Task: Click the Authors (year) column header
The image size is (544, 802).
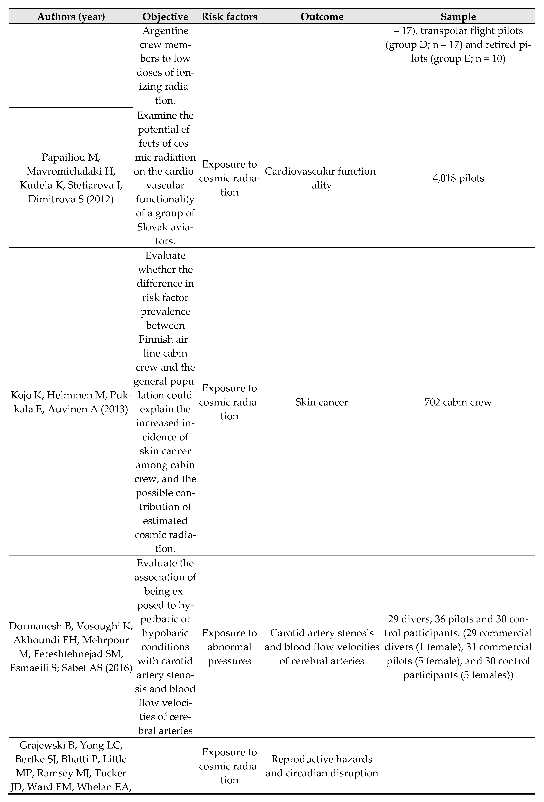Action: pyautogui.click(x=71, y=17)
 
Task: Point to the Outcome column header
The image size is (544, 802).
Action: pyautogui.click(x=322, y=17)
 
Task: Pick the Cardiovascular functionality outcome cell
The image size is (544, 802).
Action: pyautogui.click(x=322, y=178)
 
